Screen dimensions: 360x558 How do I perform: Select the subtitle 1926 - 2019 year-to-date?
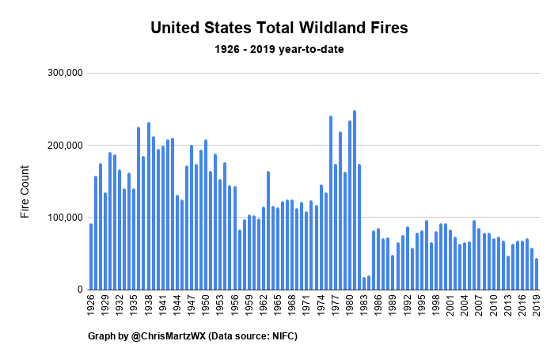(x=279, y=49)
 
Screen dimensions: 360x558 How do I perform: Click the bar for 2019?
(x=537, y=274)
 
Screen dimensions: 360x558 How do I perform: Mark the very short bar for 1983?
(x=364, y=283)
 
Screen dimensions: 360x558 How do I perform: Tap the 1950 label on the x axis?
(x=206, y=305)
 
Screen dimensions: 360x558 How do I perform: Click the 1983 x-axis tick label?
(x=364, y=305)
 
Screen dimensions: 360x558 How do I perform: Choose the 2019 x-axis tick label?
(x=537, y=305)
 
